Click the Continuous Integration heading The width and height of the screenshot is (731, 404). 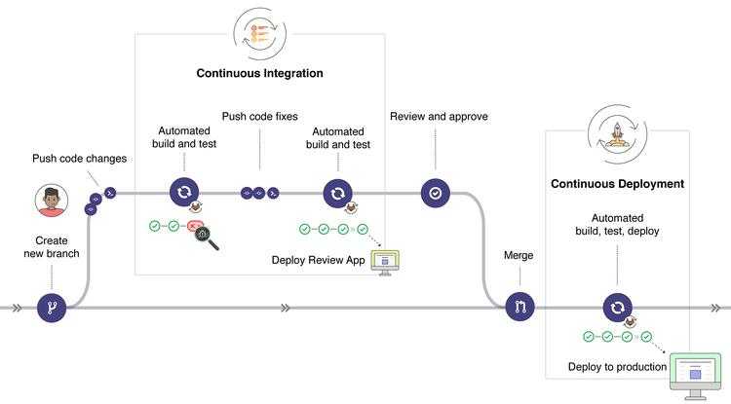(259, 73)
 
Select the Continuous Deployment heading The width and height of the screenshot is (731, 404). (617, 184)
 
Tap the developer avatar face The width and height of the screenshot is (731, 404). (52, 201)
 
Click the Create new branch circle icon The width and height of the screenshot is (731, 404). (52, 308)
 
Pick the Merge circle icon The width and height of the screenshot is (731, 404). (519, 307)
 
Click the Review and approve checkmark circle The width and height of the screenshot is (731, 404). (436, 193)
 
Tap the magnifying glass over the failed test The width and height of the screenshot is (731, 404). (207, 238)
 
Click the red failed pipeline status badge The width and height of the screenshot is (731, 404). (194, 226)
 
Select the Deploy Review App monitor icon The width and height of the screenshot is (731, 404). (385, 263)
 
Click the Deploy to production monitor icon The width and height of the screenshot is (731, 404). (695, 376)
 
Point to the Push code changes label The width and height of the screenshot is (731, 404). (79, 159)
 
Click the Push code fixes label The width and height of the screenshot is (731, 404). (259, 117)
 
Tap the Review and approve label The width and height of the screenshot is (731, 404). (439, 117)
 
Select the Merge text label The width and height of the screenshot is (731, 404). (519, 255)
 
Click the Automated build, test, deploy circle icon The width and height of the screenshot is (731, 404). (617, 308)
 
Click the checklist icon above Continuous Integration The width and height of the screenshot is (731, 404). (259, 33)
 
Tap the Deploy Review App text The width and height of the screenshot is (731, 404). (318, 260)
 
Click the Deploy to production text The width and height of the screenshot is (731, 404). (617, 367)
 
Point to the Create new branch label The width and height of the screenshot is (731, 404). (52, 247)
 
